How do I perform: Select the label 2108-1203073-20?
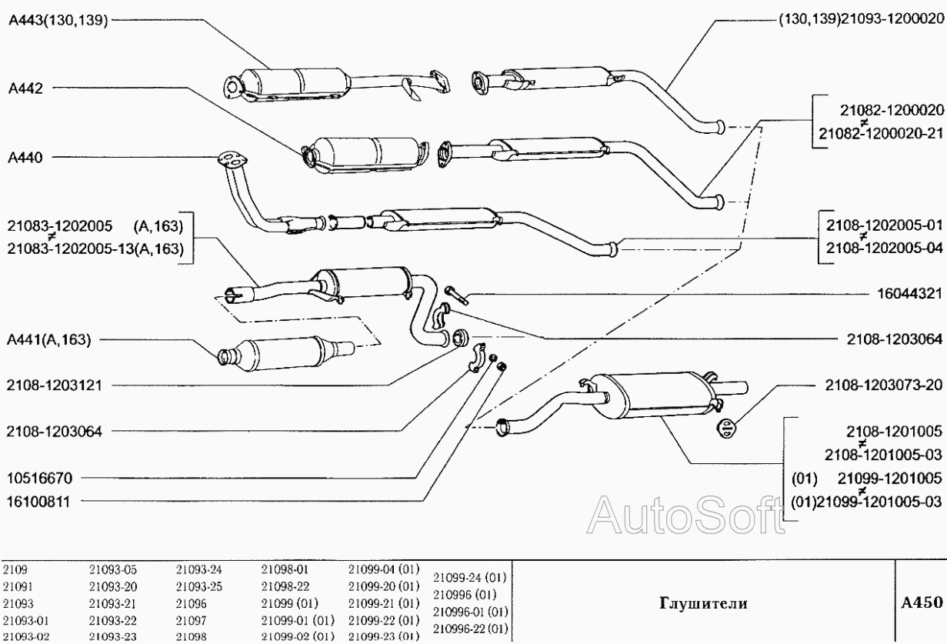click(x=882, y=384)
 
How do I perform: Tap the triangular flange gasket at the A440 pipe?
click(x=230, y=160)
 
